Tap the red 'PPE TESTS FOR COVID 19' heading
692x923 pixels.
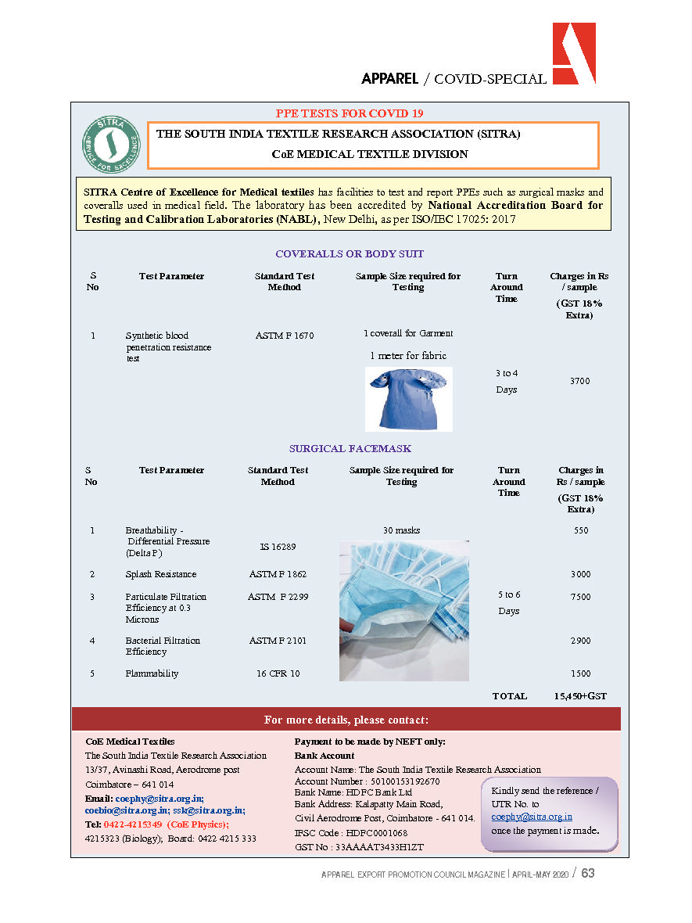coord(350,113)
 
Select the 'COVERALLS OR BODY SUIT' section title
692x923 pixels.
coord(350,254)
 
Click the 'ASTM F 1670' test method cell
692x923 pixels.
coord(285,336)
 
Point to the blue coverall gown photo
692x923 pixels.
coord(408,399)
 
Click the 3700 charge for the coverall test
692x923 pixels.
coord(579,381)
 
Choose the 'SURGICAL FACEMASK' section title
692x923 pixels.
coord(350,449)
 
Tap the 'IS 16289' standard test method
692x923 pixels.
coord(278,547)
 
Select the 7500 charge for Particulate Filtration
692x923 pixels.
coord(579,597)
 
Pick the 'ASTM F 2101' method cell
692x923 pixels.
coord(278,641)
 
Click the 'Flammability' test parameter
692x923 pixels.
coord(152,673)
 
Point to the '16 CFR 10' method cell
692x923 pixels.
coord(278,673)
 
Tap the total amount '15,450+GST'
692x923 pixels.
coord(579,696)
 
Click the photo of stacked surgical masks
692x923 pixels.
coord(403,610)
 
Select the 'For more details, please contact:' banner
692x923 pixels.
coord(346,720)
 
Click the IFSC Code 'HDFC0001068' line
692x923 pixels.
coord(351,833)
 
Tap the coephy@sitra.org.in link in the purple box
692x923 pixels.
coord(532,817)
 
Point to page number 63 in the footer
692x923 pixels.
coord(587,873)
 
